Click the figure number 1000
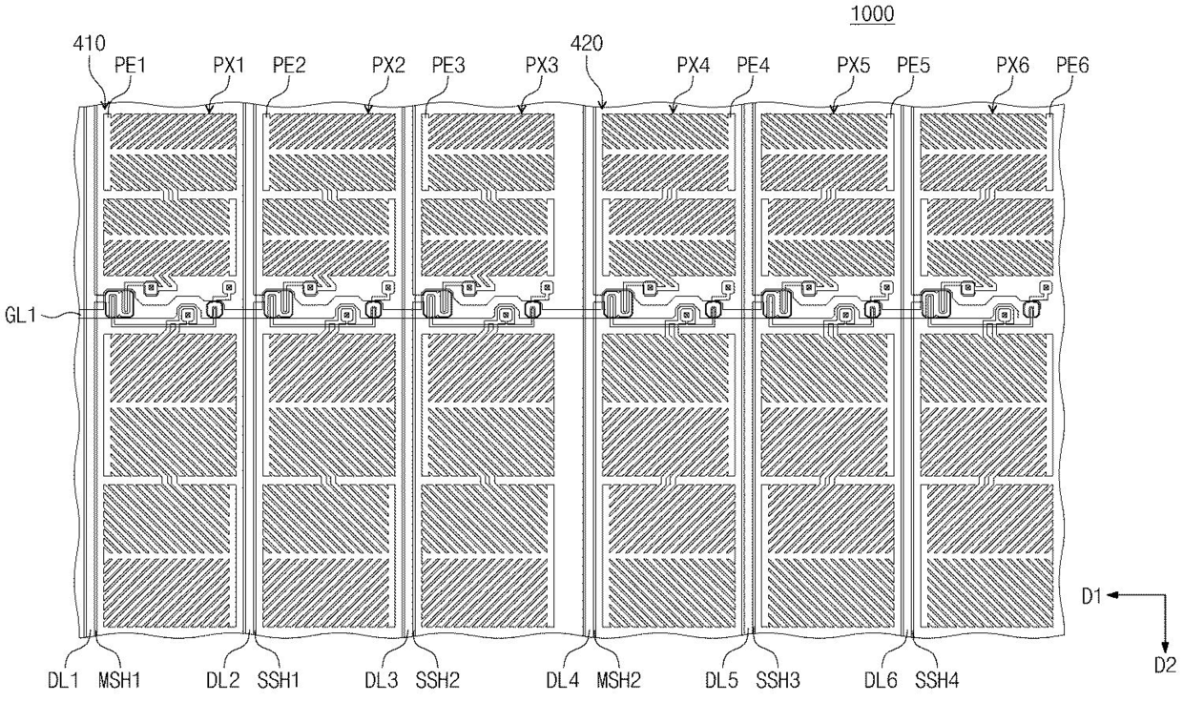pyautogui.click(x=875, y=15)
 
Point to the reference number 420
pyautogui.click(x=586, y=43)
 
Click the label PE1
pyautogui.click(x=130, y=66)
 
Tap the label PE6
pyautogui.click(x=1071, y=66)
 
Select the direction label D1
pyautogui.click(x=1092, y=596)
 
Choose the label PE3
pyautogui.click(x=448, y=66)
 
